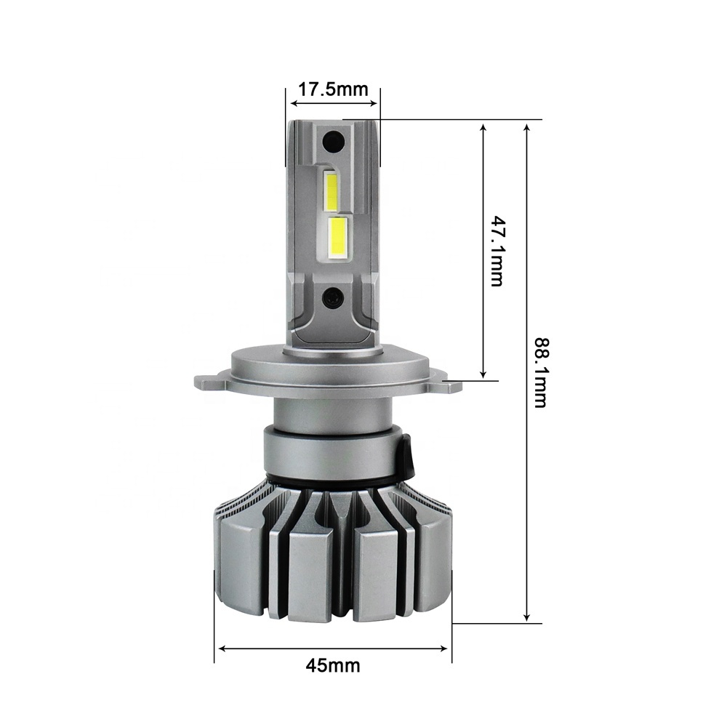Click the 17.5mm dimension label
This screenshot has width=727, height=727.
coord(332,89)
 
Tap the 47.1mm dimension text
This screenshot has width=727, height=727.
coord(497,250)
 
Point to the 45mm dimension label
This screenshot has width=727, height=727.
coord(332,665)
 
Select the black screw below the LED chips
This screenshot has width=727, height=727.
coord(332,295)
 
